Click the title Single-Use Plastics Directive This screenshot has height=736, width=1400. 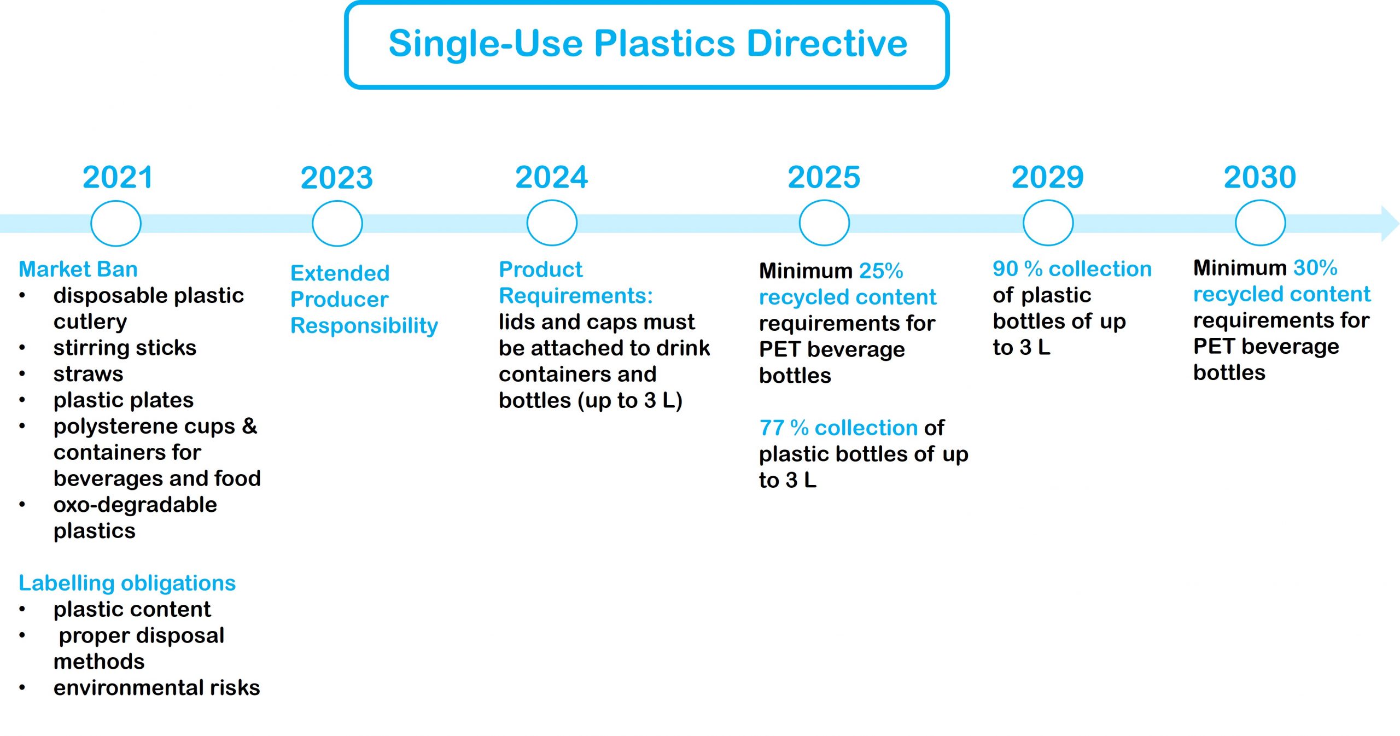coord(647,44)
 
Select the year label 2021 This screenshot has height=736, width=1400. coord(118,177)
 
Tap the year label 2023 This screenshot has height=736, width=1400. coord(337,178)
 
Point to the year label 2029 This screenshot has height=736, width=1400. coord(1047,177)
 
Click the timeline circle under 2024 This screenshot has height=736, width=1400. coord(552,223)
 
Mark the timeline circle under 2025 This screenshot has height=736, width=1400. coord(824,223)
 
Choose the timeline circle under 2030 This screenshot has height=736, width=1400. coord(1260,223)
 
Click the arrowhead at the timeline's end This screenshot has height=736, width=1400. coord(1389,224)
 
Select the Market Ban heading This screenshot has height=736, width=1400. coord(78,269)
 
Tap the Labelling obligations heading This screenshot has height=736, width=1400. coord(127,583)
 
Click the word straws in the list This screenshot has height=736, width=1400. coord(88,374)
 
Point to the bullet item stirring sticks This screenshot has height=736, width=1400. coord(125,348)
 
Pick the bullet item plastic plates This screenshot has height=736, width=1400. coord(124,400)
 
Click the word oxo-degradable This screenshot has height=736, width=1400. coord(135,505)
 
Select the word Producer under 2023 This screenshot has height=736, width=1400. coord(339,300)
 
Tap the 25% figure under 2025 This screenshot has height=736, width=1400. coord(881,271)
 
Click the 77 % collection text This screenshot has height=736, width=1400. coord(838,428)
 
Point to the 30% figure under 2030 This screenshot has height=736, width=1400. coord(1315,268)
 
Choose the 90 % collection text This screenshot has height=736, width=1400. coord(1072,269)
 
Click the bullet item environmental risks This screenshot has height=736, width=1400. coord(156,688)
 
